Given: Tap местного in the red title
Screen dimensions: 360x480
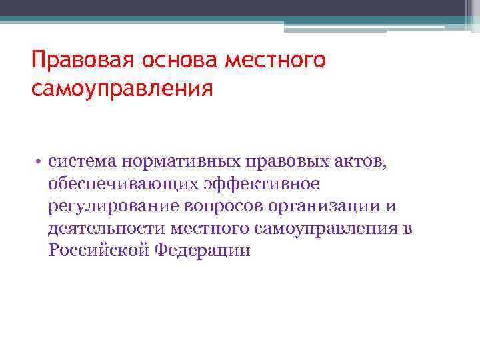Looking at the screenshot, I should pyautogui.click(x=277, y=62).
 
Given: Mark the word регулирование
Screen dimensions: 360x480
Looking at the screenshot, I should pyautogui.click(x=105, y=206).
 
